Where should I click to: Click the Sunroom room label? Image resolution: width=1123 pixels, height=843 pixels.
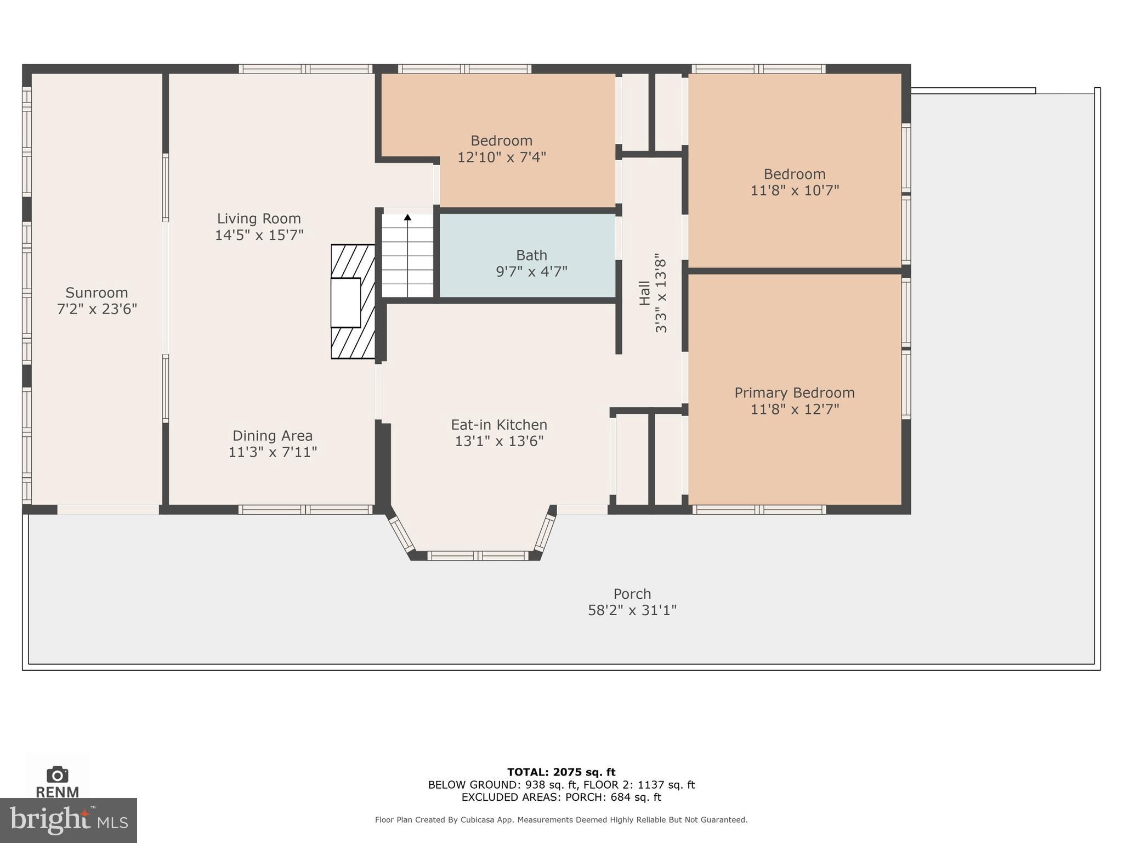pyautogui.click(x=97, y=293)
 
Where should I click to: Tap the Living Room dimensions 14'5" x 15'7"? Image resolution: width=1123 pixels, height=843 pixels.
pyautogui.click(x=259, y=235)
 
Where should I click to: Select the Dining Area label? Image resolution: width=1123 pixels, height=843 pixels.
pyautogui.click(x=273, y=436)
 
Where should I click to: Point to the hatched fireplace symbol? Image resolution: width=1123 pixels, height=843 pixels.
pyautogui.click(x=353, y=302)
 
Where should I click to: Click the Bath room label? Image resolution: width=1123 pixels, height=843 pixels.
pyautogui.click(x=531, y=255)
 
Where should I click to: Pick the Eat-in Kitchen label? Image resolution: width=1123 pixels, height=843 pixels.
pyautogui.click(x=499, y=425)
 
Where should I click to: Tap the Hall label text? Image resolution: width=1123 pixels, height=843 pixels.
pyautogui.click(x=645, y=293)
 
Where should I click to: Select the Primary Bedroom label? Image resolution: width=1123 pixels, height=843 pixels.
pyautogui.click(x=794, y=393)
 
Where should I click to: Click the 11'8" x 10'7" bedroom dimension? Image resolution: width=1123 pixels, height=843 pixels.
pyautogui.click(x=795, y=190)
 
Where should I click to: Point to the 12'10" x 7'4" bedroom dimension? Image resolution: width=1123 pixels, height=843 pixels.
pyautogui.click(x=501, y=158)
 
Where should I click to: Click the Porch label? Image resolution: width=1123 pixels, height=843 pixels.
pyautogui.click(x=632, y=594)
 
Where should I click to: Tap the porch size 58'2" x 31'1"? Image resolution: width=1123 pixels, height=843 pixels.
pyautogui.click(x=632, y=610)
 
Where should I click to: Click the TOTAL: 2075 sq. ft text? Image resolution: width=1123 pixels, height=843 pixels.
pyautogui.click(x=561, y=772)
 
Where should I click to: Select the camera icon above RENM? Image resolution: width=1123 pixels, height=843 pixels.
pyautogui.click(x=58, y=774)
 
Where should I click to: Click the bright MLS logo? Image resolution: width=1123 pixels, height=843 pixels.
pyautogui.click(x=68, y=820)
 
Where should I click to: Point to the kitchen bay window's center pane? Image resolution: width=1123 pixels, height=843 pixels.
pyautogui.click(x=478, y=555)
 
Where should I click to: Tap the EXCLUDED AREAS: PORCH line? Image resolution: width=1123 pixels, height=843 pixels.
pyautogui.click(x=561, y=797)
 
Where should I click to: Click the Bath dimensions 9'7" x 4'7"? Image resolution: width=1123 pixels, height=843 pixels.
pyautogui.click(x=531, y=272)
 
